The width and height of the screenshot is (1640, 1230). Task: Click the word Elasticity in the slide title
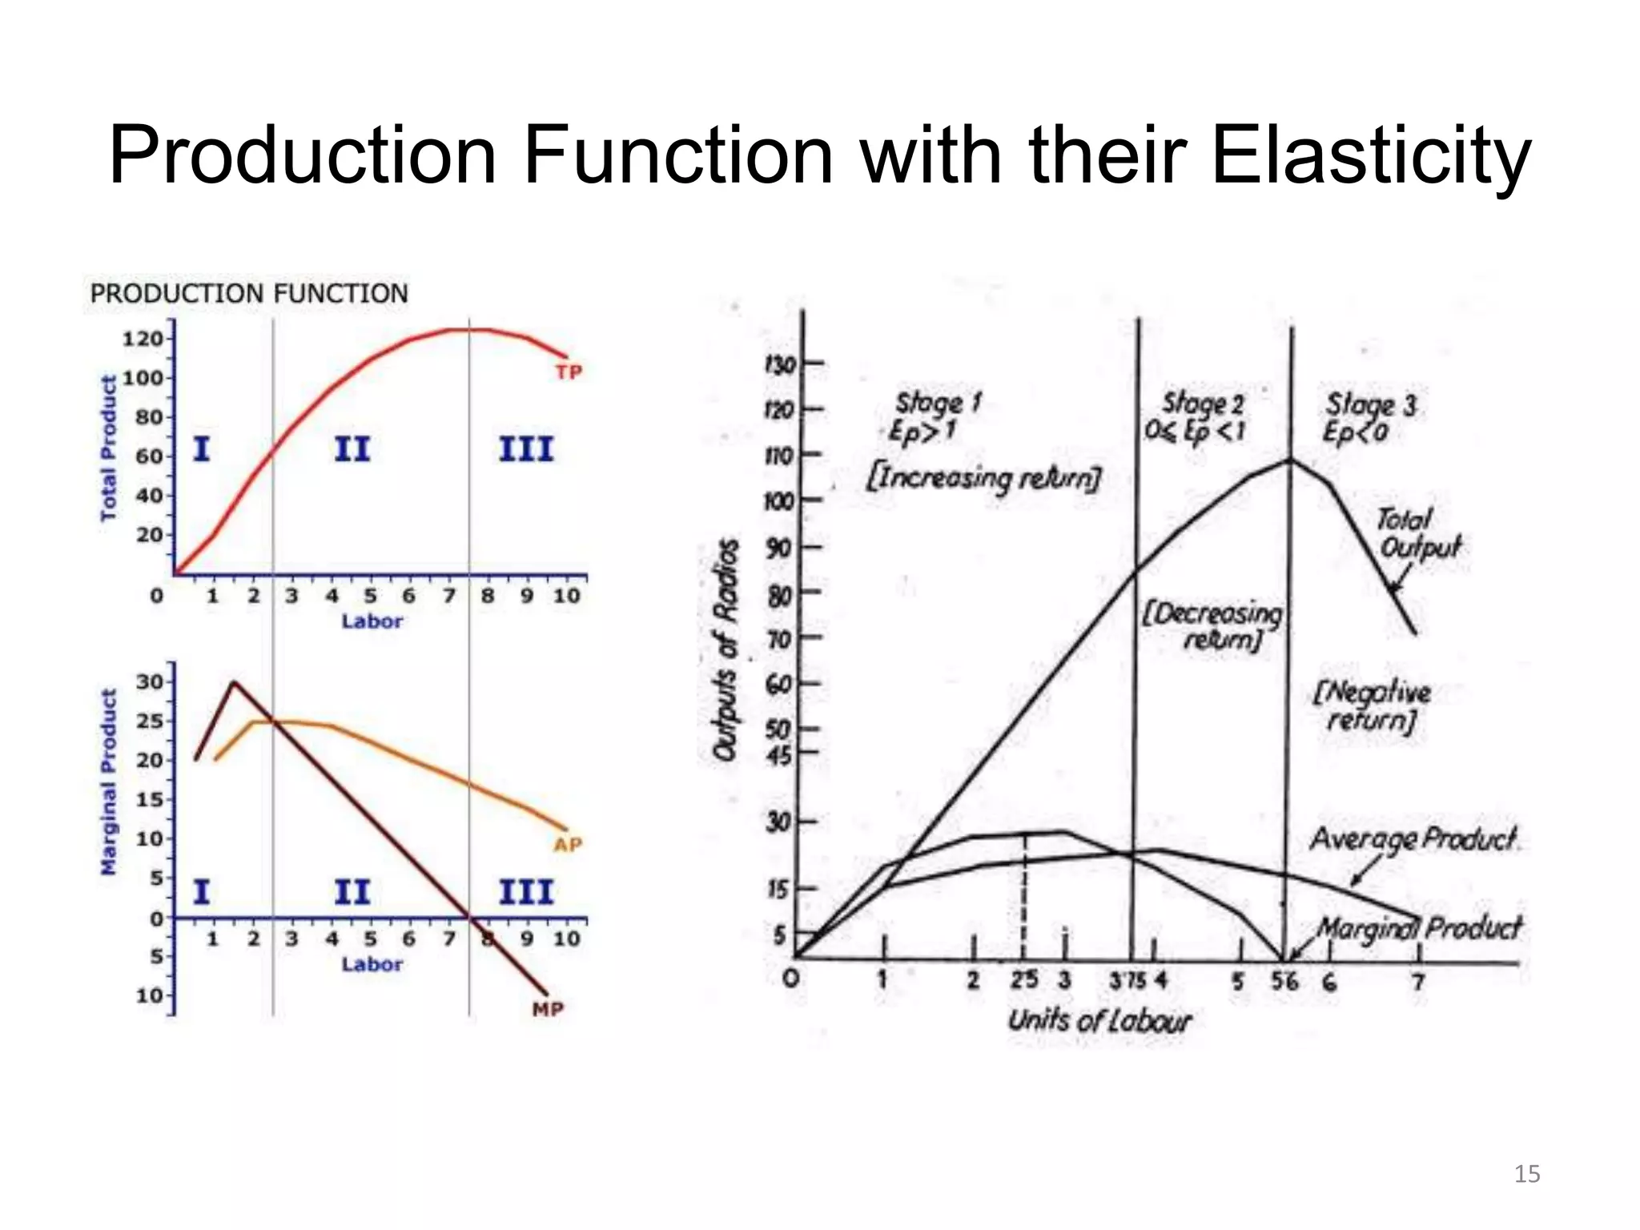pos(1371,155)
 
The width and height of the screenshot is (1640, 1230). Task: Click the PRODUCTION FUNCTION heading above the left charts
pos(249,294)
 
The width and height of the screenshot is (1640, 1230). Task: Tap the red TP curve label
pos(569,372)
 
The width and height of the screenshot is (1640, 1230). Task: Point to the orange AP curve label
pos(568,845)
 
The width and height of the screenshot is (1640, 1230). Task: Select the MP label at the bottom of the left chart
pos(549,1010)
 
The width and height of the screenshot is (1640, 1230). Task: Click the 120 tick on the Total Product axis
pos(142,339)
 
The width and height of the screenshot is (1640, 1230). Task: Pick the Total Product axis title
pos(108,448)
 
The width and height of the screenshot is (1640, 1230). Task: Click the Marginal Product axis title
pos(108,782)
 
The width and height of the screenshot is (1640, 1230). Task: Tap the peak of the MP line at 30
pos(233,683)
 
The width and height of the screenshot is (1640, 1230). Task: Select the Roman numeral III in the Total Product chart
pos(526,449)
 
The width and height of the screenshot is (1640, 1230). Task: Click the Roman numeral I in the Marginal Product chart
pos(202,891)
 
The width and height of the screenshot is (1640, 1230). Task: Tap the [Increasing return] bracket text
pos(983,478)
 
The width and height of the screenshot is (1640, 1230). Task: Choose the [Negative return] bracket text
pos(1372,705)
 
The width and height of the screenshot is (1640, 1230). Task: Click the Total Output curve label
pos(1417,534)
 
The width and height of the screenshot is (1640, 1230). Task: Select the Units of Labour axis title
pos(1099,1021)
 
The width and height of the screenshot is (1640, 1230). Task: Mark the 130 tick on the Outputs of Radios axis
pos(780,365)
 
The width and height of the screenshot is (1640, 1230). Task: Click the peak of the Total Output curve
pos(1290,460)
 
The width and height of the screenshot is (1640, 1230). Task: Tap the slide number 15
pos(1526,1174)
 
